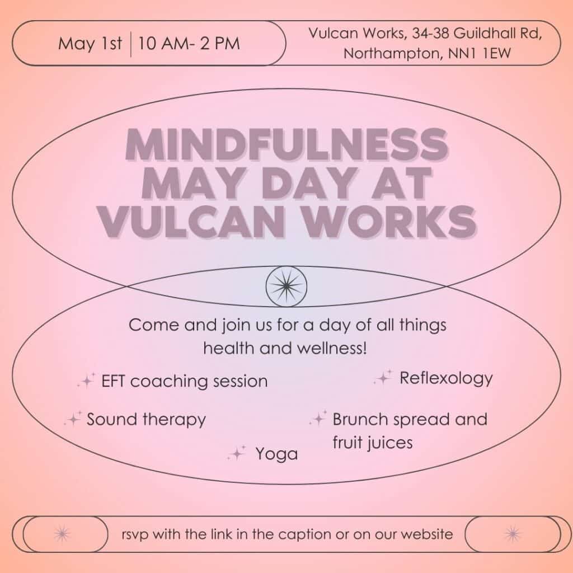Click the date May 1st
tap(90, 44)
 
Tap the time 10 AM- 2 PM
tap(189, 44)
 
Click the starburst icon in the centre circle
tap(286, 286)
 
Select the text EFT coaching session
tap(184, 382)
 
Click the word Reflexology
tap(446, 378)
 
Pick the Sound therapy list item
tap(146, 419)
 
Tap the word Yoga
tap(276, 454)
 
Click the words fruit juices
tap(372, 443)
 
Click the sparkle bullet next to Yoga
tap(237, 453)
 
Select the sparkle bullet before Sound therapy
tap(73, 419)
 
